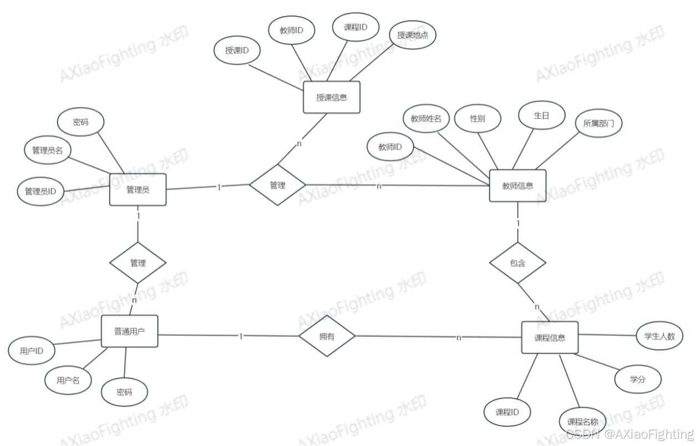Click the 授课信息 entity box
point(332,98)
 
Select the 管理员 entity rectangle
point(138,189)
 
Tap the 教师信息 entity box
point(518,186)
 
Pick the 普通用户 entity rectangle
point(129,332)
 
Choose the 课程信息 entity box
point(550,337)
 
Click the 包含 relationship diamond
point(518,264)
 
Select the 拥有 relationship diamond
point(327,336)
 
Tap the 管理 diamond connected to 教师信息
point(277,185)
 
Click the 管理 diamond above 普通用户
point(138,263)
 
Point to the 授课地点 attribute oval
point(413,35)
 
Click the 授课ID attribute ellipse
point(236,50)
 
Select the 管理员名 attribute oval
point(48,151)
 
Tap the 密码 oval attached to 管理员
point(81,122)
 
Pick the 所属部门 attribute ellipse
point(599,125)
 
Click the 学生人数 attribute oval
point(663,335)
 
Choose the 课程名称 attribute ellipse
point(582,422)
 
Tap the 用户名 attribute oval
point(69,381)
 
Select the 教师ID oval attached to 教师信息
point(390,147)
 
